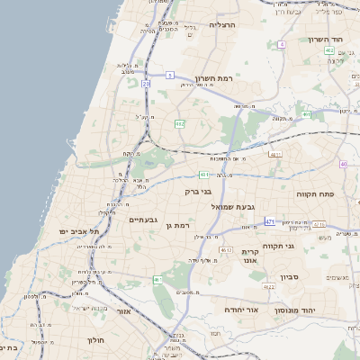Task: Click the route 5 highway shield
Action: [x=169, y=76]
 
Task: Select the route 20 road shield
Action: [x=145, y=84]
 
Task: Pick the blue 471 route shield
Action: [x=270, y=220]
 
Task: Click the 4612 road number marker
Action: [x=226, y=249]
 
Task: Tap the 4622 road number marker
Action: [x=268, y=287]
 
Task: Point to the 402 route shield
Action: [x=330, y=51]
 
